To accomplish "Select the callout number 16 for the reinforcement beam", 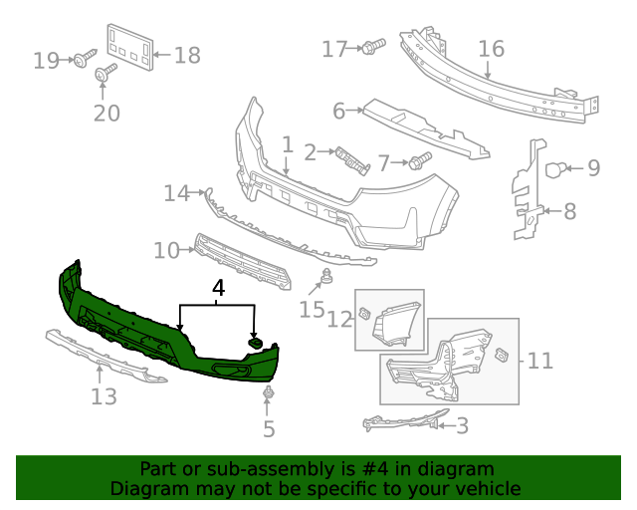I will click(491, 49).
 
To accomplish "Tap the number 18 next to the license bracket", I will click(187, 55).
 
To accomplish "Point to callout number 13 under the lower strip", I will click(104, 397).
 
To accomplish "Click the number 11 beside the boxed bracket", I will click(539, 360).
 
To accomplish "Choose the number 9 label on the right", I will click(593, 167).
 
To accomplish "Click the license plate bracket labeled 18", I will click(130, 46).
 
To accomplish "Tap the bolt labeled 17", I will click(374, 46).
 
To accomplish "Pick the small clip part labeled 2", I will click(351, 158).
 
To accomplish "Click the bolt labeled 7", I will click(419, 159).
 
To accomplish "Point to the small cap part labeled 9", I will click(559, 169).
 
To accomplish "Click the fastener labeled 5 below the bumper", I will click(268, 397).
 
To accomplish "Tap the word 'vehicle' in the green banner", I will click(487, 488).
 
